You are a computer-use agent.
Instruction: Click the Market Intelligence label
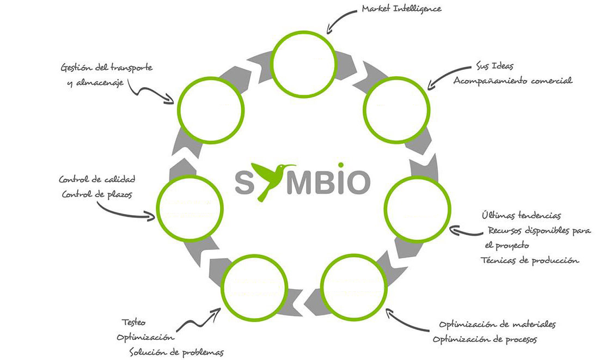coord(401,9)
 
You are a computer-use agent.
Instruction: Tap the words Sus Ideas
coord(494,66)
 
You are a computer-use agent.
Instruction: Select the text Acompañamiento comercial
coord(512,81)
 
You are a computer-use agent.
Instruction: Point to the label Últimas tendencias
coord(521,216)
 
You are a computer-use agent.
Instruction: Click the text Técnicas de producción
coord(529,261)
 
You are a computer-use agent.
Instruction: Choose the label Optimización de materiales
coord(497,325)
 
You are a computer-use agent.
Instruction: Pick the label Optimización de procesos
coord(485,339)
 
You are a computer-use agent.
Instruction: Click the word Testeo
coord(133,322)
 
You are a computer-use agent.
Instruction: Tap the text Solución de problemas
coord(176,352)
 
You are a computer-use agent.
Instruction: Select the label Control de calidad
coord(97,179)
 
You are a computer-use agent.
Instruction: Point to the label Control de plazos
coord(97,194)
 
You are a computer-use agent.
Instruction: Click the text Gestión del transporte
coord(107,68)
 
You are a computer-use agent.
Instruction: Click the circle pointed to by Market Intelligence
coord(304,64)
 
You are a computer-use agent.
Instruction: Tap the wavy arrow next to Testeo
coord(199,320)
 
